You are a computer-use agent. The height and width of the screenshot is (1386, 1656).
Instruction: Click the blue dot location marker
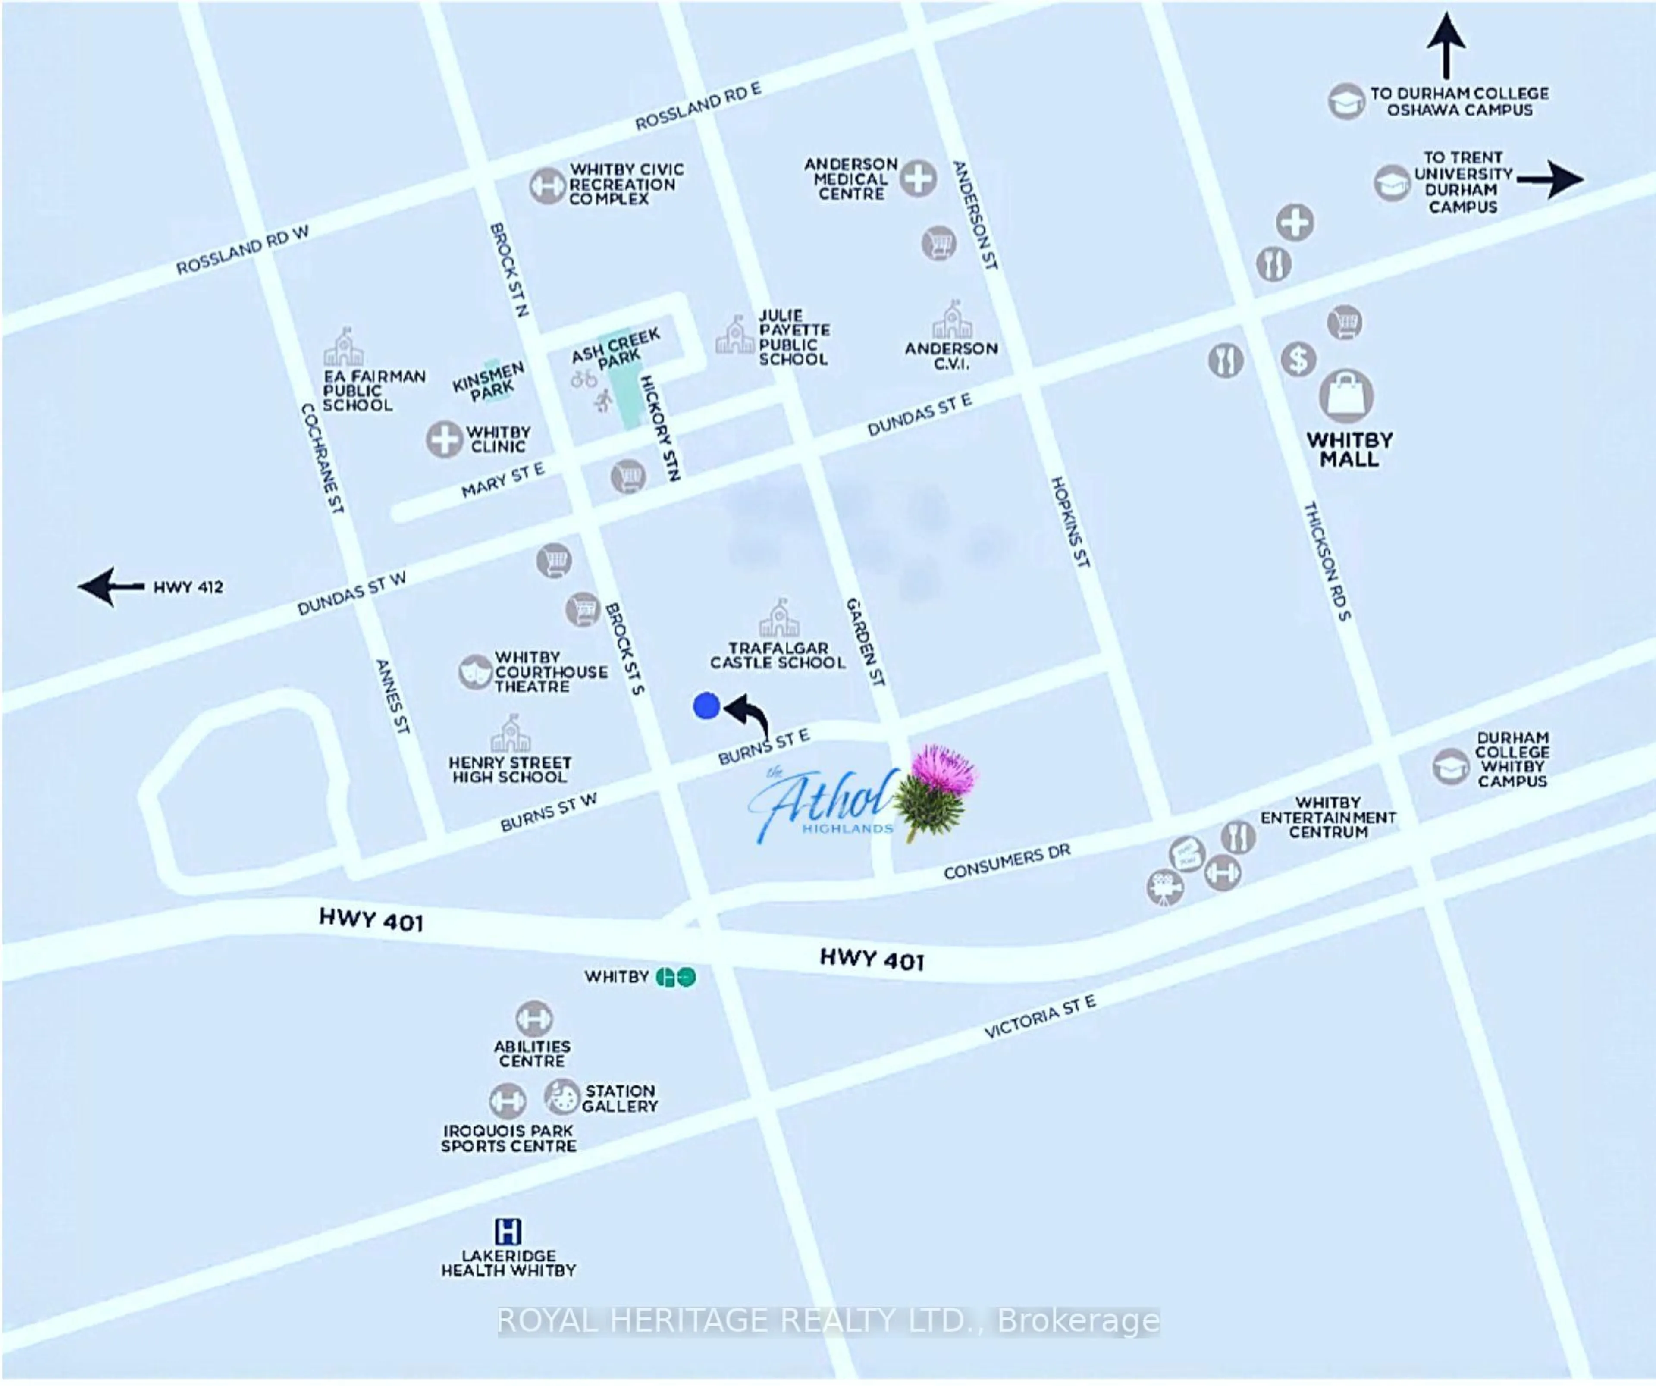click(x=706, y=706)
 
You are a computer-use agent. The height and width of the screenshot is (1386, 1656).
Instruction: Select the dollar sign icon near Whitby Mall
click(x=1297, y=360)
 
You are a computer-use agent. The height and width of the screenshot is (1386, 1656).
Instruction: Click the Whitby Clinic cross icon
click(x=444, y=439)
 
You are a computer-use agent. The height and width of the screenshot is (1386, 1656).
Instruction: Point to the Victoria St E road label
click(x=1039, y=1017)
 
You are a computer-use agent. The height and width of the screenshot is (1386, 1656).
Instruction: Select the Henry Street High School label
click(x=509, y=769)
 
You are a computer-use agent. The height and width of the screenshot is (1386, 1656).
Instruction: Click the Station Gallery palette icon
click(x=561, y=1097)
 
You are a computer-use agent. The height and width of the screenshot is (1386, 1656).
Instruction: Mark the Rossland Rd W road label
click(x=242, y=250)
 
